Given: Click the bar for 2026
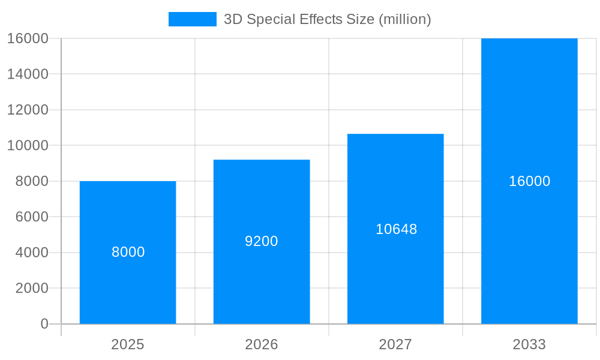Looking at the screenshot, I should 262,282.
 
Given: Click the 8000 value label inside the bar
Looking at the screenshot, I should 128,252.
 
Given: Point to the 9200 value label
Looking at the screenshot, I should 262,241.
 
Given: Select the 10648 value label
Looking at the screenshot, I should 396,229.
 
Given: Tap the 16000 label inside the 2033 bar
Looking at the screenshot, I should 529,181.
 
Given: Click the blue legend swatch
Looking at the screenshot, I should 192,19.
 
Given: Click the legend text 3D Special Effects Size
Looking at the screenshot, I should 327,19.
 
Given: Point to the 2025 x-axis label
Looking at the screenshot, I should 128,344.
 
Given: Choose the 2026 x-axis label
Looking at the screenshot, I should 262,344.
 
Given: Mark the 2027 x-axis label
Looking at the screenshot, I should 395,344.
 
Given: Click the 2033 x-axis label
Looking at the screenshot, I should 529,344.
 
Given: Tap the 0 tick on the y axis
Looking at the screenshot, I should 44,324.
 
